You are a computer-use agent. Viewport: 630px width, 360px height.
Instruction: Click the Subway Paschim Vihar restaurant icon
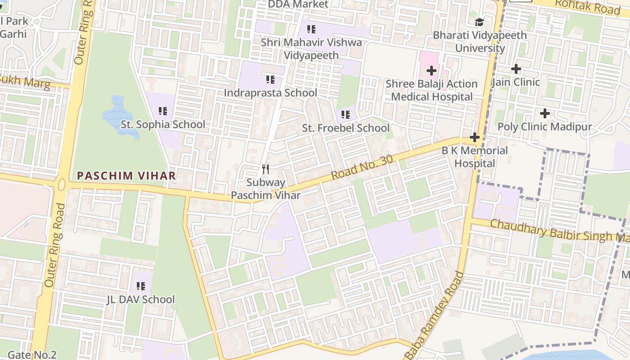point(265,169)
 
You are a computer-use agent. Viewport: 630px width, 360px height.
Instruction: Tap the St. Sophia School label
point(163,125)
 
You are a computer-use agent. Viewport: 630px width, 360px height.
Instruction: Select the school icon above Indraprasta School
point(270,80)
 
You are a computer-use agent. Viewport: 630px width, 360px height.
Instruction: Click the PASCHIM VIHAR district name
point(126,175)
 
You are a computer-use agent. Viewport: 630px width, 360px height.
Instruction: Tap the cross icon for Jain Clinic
point(516,69)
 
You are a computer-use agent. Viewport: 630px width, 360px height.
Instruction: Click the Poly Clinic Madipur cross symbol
point(544,113)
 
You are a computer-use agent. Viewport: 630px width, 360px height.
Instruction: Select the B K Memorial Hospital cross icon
point(474,137)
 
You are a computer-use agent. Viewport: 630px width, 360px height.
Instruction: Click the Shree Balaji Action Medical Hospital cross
point(432,71)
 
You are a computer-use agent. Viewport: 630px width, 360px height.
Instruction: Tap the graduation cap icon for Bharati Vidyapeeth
point(480,22)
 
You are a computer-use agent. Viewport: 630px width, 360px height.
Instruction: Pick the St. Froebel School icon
point(346,115)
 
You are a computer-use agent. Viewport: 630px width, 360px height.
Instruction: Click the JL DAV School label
point(141,299)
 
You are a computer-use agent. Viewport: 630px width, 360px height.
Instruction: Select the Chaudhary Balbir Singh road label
point(558,230)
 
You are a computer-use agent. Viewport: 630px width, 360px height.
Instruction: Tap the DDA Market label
point(298,4)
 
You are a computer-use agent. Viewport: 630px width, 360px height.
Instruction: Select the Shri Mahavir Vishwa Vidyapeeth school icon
point(311,30)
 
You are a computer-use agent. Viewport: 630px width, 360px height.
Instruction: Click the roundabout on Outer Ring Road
point(62,184)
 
